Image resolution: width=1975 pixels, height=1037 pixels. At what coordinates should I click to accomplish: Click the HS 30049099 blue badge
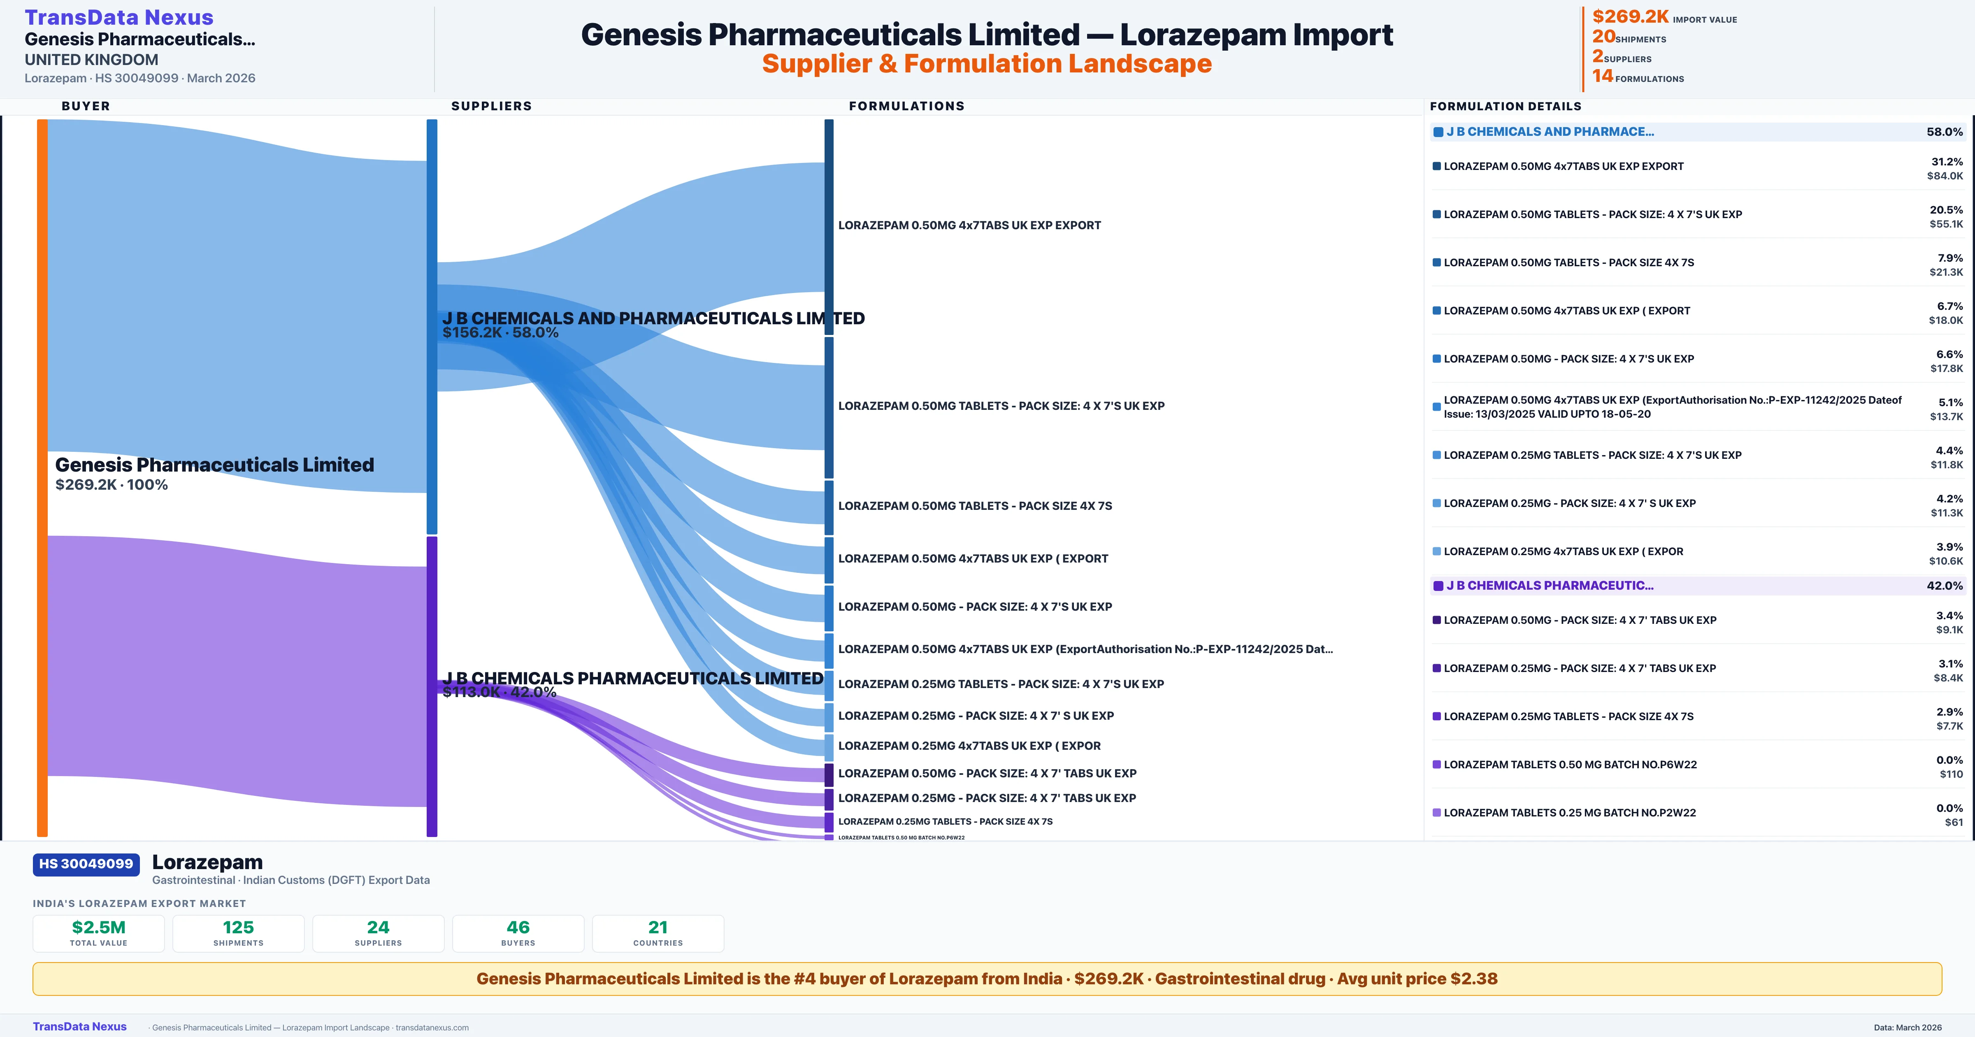(x=86, y=864)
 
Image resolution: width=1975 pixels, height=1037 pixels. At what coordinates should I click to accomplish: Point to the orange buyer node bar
(x=42, y=476)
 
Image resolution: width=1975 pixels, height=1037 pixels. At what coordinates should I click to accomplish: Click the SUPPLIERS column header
(x=491, y=106)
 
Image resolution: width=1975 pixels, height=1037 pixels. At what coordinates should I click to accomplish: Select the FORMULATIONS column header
(x=906, y=106)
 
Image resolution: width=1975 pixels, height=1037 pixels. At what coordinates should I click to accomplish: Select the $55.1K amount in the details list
(x=1946, y=224)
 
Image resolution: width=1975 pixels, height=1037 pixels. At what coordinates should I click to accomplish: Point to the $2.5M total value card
(x=99, y=933)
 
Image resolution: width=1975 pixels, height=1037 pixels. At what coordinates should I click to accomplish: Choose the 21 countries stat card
(x=658, y=933)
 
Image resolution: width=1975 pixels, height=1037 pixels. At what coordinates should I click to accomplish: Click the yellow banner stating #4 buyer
(x=987, y=979)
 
